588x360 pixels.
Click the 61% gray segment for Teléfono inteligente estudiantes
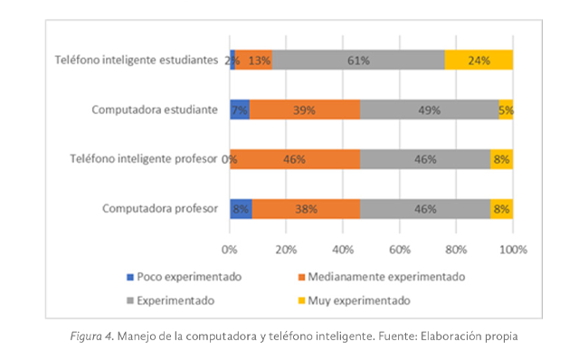tap(358, 61)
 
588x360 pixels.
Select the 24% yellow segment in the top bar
tap(479, 61)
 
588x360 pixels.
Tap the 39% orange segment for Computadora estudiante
tap(304, 110)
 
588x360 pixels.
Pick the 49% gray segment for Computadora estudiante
tap(429, 110)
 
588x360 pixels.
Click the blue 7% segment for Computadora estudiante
tap(240, 110)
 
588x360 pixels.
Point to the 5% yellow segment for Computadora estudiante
tap(506, 110)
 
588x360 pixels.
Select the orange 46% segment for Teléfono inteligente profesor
tap(295, 159)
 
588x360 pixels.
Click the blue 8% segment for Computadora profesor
tap(241, 209)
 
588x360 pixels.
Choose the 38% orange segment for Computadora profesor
tap(306, 209)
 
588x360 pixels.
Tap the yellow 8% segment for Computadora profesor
tap(501, 209)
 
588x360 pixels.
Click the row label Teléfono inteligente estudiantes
tap(135, 61)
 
